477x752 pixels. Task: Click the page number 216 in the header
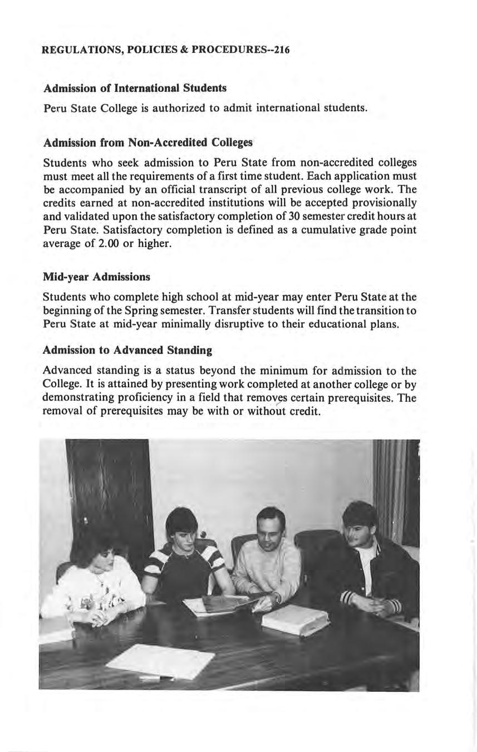(x=281, y=50)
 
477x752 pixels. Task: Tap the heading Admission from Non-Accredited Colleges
(x=148, y=142)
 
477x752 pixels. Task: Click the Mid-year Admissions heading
(x=96, y=277)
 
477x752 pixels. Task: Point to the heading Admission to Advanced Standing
(x=127, y=350)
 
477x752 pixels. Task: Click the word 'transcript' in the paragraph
(x=240, y=190)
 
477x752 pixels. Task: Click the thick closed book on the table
(x=295, y=619)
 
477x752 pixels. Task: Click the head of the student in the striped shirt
(x=182, y=526)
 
